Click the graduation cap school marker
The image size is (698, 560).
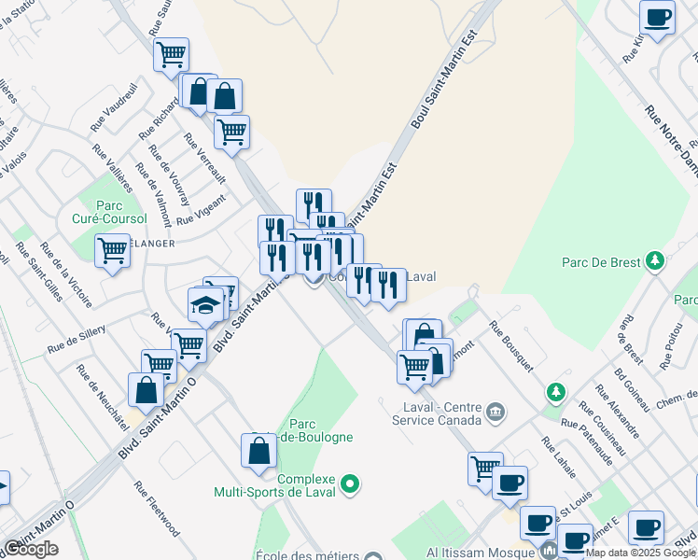pyautogui.click(x=205, y=303)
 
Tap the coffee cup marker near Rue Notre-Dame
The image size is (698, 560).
pyautogui.click(x=658, y=17)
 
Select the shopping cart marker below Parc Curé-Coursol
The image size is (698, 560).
pyautogui.click(x=112, y=249)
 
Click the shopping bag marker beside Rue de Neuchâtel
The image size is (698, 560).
pyautogui.click(x=147, y=389)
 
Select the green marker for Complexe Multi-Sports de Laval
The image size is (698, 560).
pyautogui.click(x=350, y=483)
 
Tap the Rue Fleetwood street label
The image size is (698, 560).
pyautogui.click(x=156, y=509)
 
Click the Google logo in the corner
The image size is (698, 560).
pyautogui.click(x=31, y=549)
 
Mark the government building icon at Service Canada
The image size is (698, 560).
pyautogui.click(x=496, y=411)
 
